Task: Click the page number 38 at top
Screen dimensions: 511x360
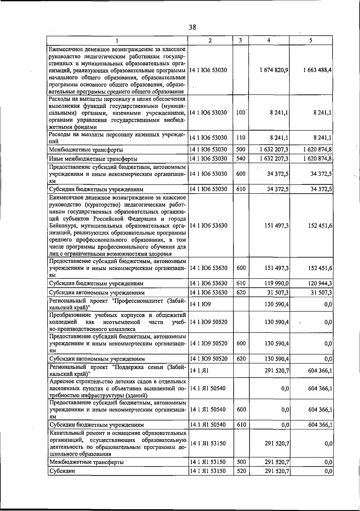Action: pyautogui.click(x=192, y=28)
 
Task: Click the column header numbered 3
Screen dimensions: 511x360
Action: pyautogui.click(x=241, y=41)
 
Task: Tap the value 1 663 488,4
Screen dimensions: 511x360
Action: pyautogui.click(x=317, y=70)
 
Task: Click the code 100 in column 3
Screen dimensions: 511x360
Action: pyautogui.click(x=241, y=113)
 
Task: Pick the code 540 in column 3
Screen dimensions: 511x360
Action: pyautogui.click(x=241, y=159)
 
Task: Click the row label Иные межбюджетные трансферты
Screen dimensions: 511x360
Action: pyautogui.click(x=93, y=159)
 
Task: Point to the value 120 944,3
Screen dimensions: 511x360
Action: pyautogui.click(x=320, y=283)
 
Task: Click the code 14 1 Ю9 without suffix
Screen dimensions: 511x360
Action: pyautogui.click(x=200, y=304)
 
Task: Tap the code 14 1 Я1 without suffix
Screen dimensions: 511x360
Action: pyautogui.click(x=199, y=371)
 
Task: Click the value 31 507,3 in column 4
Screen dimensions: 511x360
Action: pyautogui.click(x=278, y=292)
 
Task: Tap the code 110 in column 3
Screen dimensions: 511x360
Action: pyautogui.click(x=241, y=138)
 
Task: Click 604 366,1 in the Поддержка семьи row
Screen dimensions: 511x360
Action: pyautogui.click(x=320, y=371)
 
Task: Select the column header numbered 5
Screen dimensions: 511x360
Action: pyautogui.click(x=311, y=41)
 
